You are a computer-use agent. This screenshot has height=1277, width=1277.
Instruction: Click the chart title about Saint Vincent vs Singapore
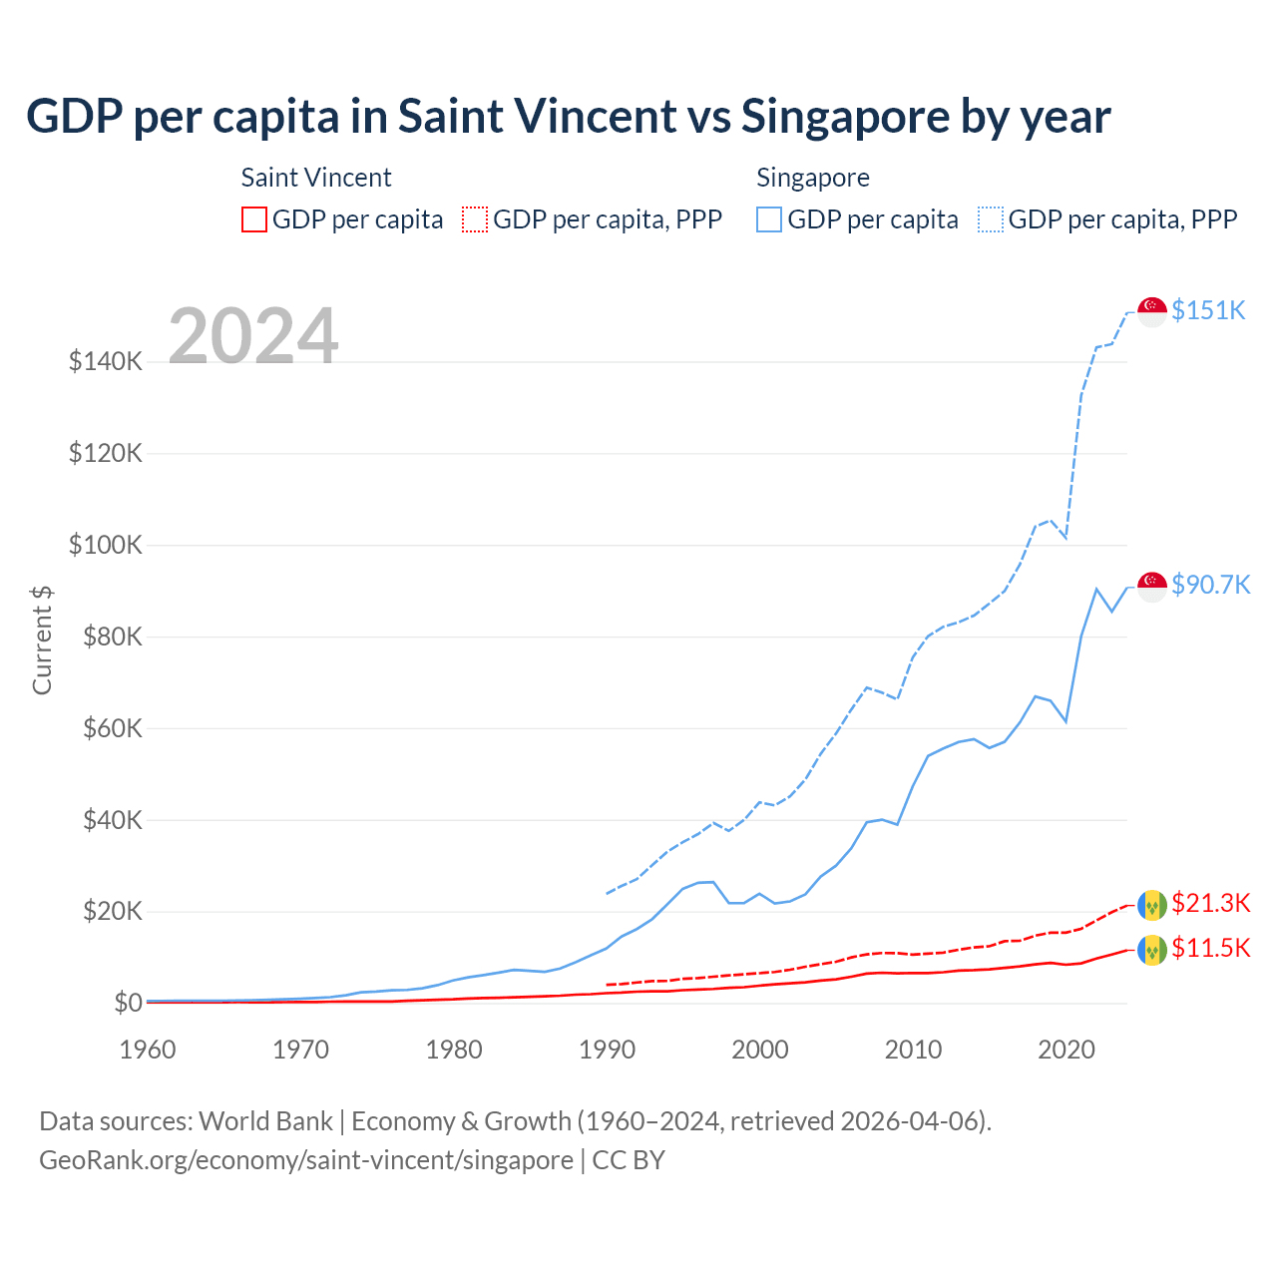(x=568, y=117)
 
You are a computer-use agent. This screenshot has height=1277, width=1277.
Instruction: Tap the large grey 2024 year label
(x=253, y=335)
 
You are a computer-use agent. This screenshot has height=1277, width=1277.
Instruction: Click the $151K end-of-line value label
(x=1208, y=310)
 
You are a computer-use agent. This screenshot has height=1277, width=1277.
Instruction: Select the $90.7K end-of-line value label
(x=1210, y=585)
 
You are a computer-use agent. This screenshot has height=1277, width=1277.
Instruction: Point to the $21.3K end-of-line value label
(x=1210, y=903)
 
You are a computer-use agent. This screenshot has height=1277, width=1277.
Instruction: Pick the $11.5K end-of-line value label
(x=1210, y=948)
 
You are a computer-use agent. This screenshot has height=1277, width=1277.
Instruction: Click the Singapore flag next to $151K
(x=1152, y=311)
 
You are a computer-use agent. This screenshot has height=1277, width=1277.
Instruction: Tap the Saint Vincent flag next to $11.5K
(x=1152, y=949)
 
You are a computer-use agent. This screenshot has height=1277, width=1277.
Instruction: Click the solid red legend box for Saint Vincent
(x=254, y=219)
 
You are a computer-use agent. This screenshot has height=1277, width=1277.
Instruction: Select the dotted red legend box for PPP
(x=475, y=219)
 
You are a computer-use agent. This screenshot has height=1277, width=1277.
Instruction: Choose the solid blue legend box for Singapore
(x=769, y=219)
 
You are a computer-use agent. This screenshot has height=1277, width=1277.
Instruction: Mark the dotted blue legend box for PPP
(x=991, y=219)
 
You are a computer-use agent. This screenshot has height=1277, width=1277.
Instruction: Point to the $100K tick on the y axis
(x=106, y=546)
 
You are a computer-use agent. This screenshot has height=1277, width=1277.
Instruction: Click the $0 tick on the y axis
(x=128, y=1003)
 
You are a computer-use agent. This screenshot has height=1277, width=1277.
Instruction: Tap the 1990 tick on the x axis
(x=607, y=1050)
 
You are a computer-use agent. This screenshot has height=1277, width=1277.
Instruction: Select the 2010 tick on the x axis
(x=913, y=1050)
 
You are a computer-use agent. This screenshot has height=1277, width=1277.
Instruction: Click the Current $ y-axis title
(x=42, y=640)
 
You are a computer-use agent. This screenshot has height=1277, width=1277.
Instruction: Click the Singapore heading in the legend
(x=813, y=178)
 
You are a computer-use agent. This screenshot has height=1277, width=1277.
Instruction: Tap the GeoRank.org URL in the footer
(x=305, y=1160)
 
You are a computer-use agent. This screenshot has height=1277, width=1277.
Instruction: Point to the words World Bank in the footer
(x=265, y=1121)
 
